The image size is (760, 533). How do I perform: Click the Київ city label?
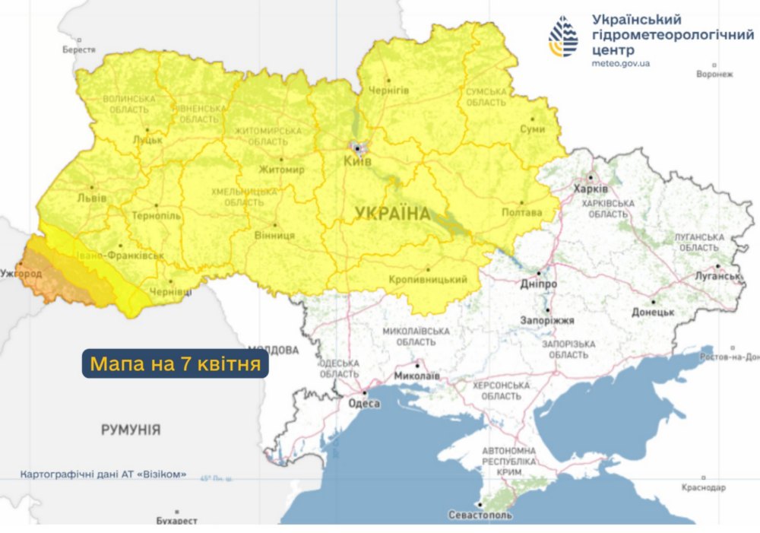(358, 162)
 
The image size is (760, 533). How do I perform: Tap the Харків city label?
(591, 189)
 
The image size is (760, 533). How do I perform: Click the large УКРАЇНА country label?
(392, 214)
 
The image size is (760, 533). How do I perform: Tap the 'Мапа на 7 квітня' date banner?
(176, 363)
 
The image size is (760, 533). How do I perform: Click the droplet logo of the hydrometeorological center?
(563, 37)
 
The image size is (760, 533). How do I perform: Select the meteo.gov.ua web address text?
(620, 64)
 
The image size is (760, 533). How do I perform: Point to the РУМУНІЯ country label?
(131, 430)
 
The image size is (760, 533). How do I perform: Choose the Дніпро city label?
(539, 284)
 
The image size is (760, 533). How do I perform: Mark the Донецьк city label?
(653, 312)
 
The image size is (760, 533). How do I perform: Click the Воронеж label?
(714, 75)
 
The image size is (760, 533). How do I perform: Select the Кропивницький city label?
(427, 280)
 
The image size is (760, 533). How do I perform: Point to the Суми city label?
(532, 129)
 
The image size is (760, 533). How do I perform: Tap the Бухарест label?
(176, 521)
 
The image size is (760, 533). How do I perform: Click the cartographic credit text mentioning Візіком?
(103, 474)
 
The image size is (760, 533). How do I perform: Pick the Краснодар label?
(704, 487)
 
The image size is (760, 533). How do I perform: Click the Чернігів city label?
(388, 90)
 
